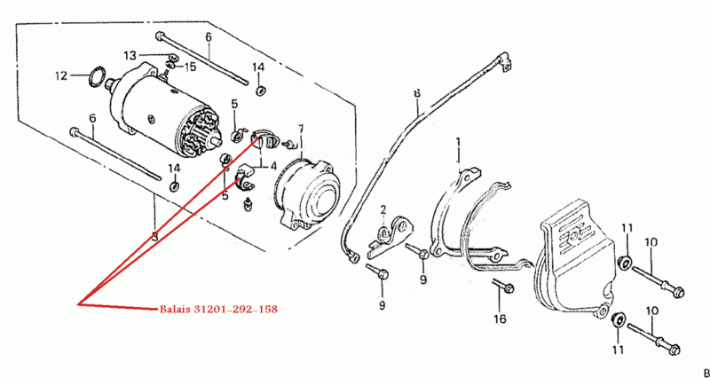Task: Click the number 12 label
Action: [x=61, y=75]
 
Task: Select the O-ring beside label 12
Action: [x=98, y=76]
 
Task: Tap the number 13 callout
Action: [x=130, y=56]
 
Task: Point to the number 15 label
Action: [x=190, y=67]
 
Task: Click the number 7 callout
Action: [x=302, y=129]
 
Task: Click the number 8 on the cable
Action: [x=417, y=93]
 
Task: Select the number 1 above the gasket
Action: [x=458, y=143]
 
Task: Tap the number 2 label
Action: [x=383, y=209]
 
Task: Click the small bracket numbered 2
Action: [x=390, y=237]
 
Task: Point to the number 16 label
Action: [x=500, y=319]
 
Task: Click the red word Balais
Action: [x=174, y=310]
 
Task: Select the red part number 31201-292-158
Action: [x=235, y=310]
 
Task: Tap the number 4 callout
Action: [x=273, y=166]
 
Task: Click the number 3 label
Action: [x=154, y=236]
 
